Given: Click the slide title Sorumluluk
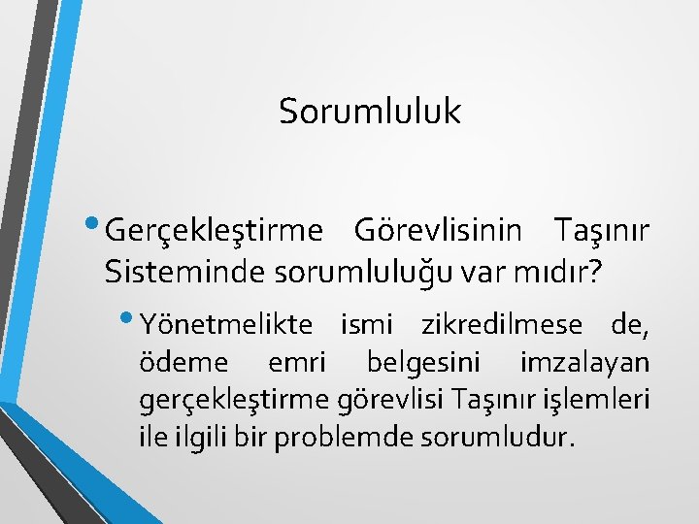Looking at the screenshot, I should (x=370, y=112).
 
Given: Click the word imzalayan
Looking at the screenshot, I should (x=584, y=362).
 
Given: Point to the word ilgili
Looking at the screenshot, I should (x=202, y=438).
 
